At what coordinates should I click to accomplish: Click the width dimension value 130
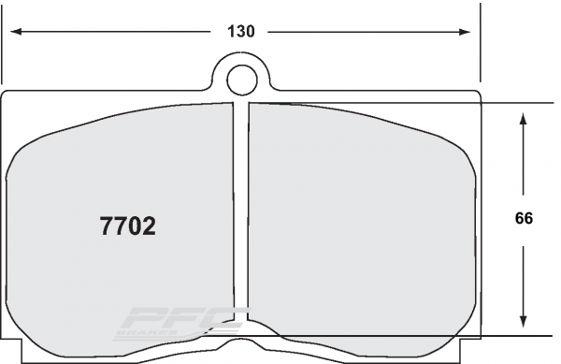(240, 32)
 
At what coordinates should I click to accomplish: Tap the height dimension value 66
(524, 219)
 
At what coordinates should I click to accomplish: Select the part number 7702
(127, 226)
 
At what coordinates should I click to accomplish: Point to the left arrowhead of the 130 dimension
(16, 32)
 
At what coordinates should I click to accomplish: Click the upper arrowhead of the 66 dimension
(524, 117)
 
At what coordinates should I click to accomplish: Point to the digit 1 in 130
(230, 32)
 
